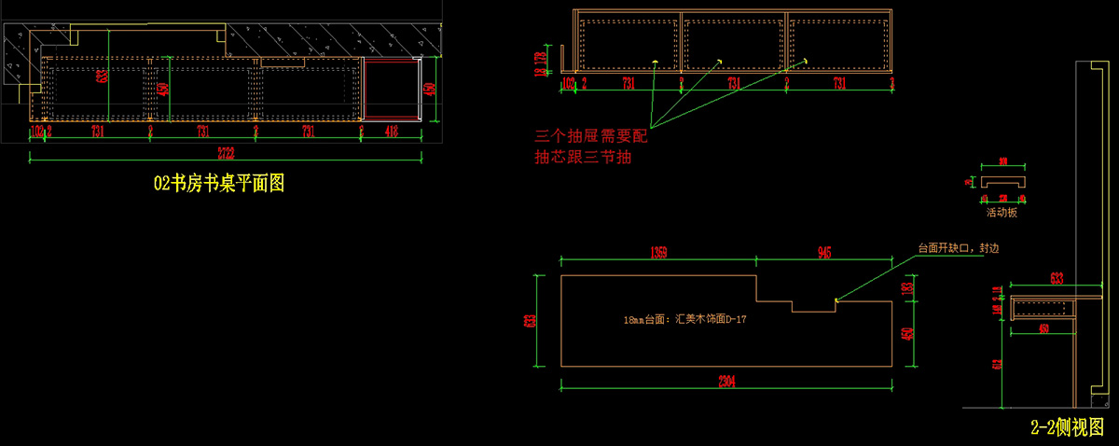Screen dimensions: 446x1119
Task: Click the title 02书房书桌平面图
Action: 218,184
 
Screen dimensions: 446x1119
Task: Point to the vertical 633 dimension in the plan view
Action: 101,77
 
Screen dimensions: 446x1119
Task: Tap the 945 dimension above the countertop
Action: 823,252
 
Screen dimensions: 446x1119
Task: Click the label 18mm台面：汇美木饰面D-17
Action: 685,319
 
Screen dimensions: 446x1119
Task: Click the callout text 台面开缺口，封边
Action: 961,249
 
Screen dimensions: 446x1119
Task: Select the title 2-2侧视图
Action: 1067,427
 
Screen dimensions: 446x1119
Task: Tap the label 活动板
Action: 1002,213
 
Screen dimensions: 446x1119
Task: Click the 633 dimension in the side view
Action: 1056,277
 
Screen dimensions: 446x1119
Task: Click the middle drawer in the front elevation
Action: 734,43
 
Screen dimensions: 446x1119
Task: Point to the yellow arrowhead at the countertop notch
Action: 837,300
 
